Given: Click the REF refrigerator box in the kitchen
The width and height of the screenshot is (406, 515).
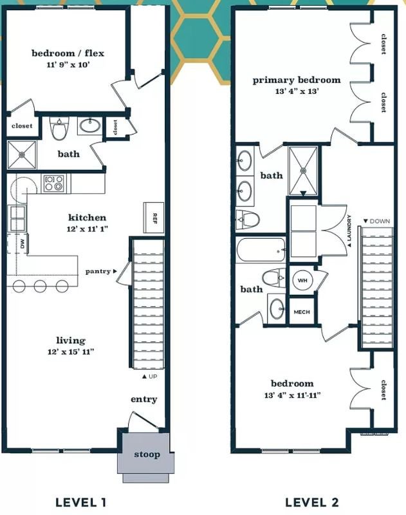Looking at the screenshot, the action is (x=154, y=218).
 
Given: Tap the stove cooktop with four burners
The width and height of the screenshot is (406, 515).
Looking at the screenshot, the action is (x=54, y=183).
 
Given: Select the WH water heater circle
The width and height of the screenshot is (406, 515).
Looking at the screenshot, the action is (x=302, y=281).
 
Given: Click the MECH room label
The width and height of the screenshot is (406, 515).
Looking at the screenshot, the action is (x=302, y=312).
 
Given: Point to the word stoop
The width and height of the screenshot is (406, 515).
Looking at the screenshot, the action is (x=147, y=454).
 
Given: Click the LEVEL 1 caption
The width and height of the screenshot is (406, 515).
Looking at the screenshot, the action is (x=80, y=502).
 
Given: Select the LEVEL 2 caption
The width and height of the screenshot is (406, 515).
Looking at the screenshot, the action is (x=312, y=502).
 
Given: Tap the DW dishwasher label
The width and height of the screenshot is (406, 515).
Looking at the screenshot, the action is (x=23, y=244).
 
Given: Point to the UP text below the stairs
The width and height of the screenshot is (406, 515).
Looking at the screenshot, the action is (x=152, y=377).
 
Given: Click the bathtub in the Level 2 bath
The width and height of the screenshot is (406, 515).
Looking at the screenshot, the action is (x=261, y=250).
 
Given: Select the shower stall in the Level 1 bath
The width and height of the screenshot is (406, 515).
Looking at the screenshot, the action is (x=22, y=154).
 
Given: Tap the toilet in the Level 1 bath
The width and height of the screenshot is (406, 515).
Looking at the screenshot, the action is (x=59, y=128).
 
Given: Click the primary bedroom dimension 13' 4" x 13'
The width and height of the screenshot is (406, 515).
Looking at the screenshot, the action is (x=297, y=91).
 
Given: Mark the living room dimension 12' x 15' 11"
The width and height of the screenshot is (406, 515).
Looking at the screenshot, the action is (x=71, y=351).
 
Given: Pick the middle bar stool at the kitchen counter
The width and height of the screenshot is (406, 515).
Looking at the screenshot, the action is (x=41, y=286).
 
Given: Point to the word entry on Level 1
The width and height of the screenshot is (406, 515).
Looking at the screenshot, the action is (x=143, y=399).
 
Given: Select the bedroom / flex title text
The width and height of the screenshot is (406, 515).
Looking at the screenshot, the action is (x=68, y=53).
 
